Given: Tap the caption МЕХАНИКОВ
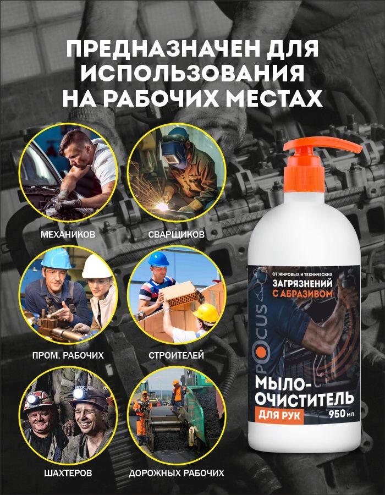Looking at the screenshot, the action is click(68, 235).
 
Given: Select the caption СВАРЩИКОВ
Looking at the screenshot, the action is click(176, 235).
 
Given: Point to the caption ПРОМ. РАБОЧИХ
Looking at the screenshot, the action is click(68, 355).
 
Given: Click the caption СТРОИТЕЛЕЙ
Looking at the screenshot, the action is click(176, 355).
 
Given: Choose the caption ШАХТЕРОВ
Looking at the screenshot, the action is click(68, 473).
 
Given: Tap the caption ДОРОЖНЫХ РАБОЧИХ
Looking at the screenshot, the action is click(177, 473).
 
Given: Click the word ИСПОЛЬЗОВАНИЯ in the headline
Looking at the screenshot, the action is click(193, 74).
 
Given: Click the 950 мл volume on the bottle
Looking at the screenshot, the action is click(342, 414).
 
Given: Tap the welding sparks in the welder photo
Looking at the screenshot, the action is click(155, 199).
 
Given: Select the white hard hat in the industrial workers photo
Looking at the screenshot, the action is click(96, 267).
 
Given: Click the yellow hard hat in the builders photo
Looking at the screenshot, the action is click(206, 313).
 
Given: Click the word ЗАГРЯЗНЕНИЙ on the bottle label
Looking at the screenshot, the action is click(302, 283).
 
